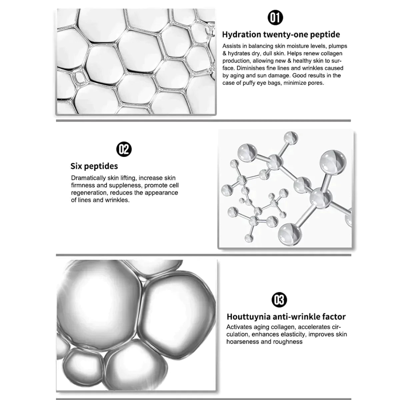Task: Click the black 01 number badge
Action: click(x=275, y=18)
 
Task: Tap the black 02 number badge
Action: click(x=124, y=149)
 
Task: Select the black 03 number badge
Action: click(x=279, y=300)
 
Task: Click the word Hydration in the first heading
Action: click(x=241, y=34)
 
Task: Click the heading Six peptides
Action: click(x=94, y=166)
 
